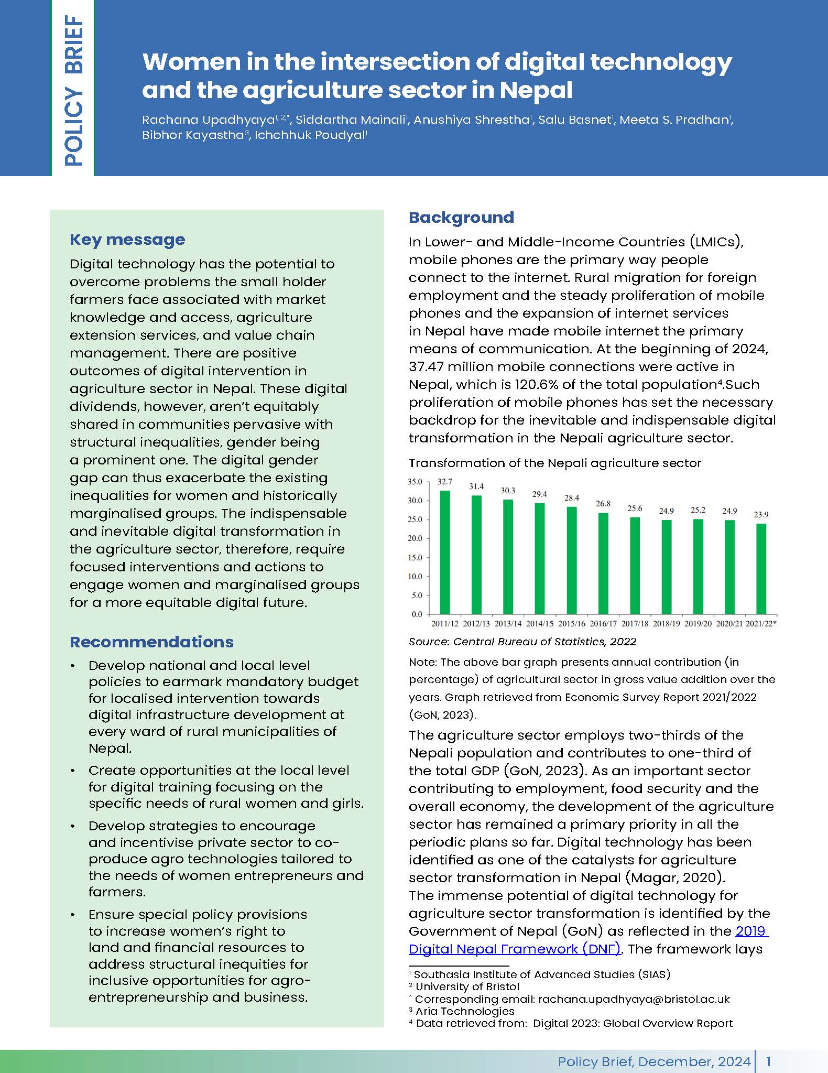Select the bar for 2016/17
click(x=603, y=563)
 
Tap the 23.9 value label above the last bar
click(x=761, y=515)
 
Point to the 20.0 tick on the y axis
click(x=415, y=538)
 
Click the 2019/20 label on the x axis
click(x=698, y=624)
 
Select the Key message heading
click(x=127, y=240)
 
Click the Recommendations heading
click(x=151, y=642)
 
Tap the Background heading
click(x=461, y=218)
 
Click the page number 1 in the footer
click(x=768, y=1061)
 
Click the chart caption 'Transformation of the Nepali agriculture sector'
click(x=554, y=463)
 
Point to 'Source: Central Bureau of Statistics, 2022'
click(x=522, y=642)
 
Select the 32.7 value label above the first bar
click(x=445, y=482)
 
